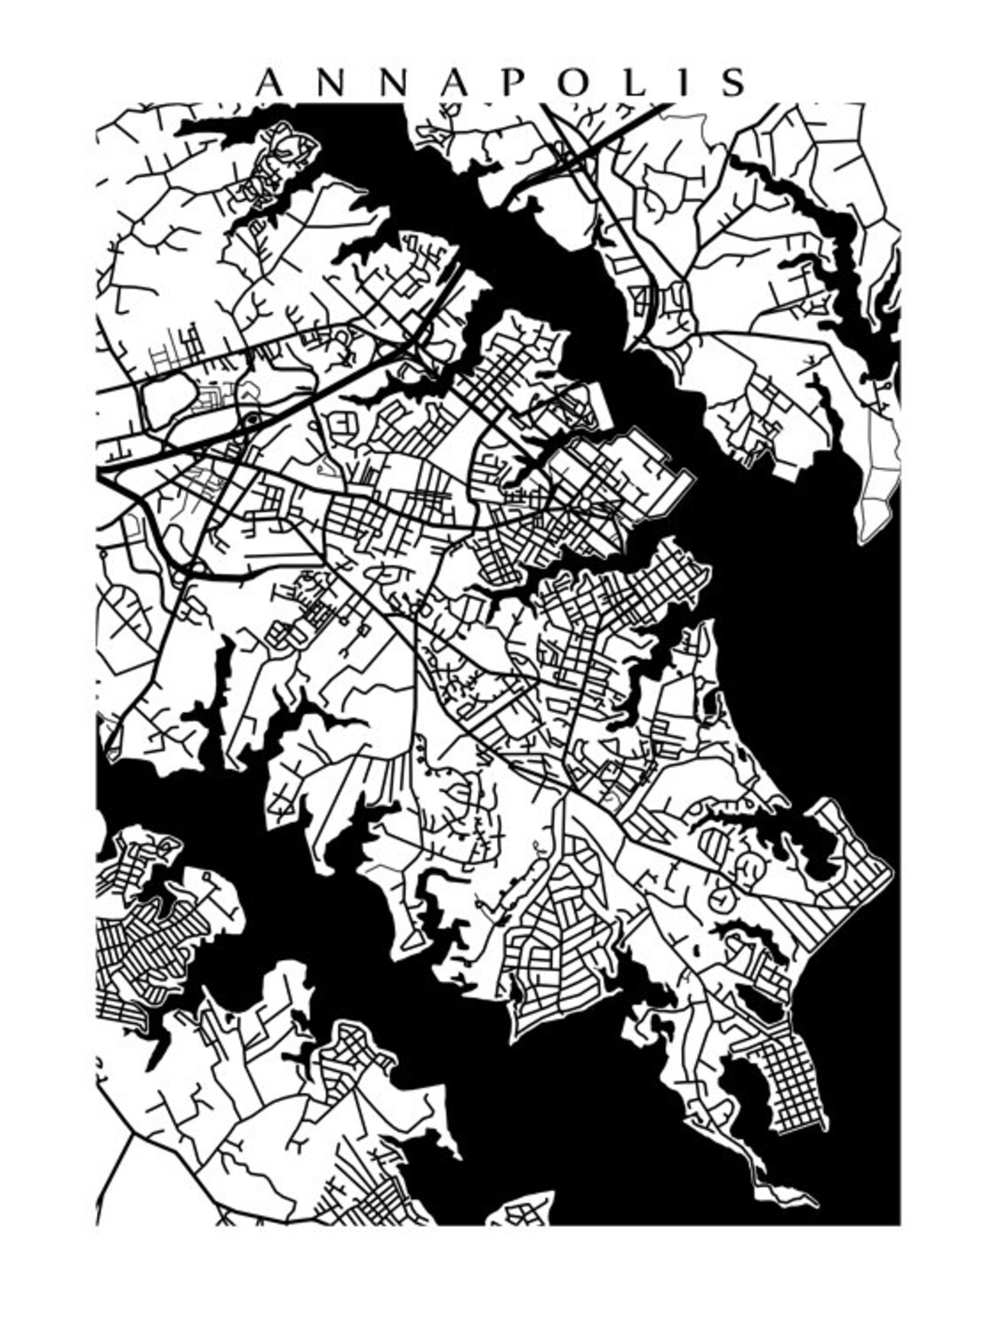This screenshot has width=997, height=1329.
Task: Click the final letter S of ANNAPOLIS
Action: [733, 82]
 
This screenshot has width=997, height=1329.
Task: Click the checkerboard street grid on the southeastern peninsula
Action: [791, 1081]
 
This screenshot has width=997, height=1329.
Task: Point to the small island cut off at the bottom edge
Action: [522, 1212]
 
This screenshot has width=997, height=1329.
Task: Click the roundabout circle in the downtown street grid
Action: [584, 506]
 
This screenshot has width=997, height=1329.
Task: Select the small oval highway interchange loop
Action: [253, 422]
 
